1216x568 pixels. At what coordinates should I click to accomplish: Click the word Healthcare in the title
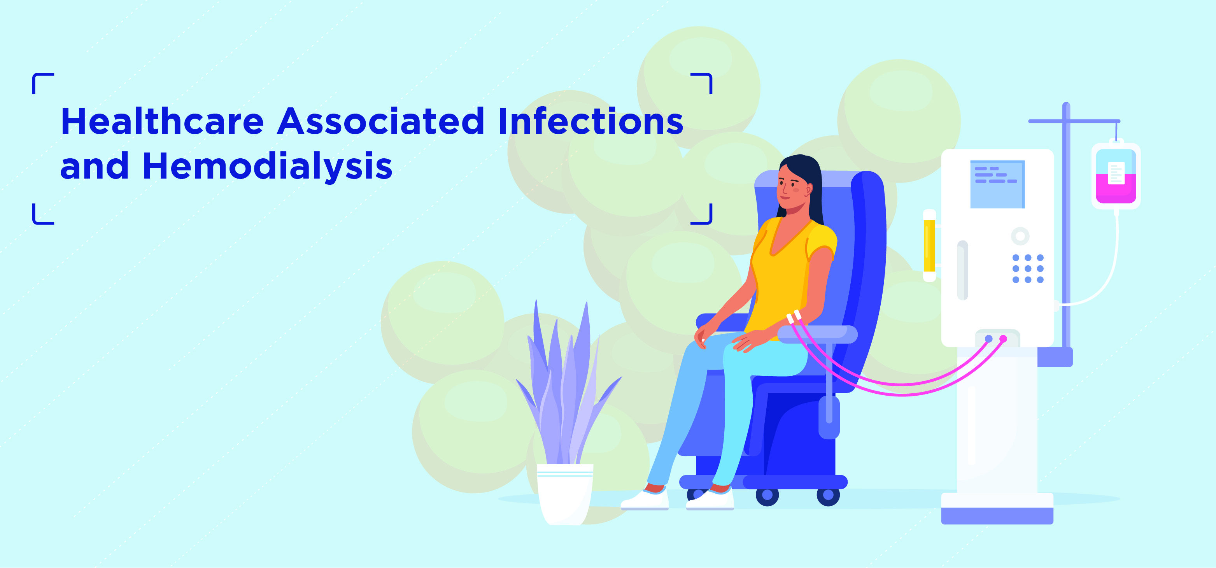click(162, 121)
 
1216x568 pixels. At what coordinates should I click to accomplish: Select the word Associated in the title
click(380, 121)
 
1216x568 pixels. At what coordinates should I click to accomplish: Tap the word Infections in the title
click(590, 121)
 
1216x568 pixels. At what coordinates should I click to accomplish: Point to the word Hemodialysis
click(267, 166)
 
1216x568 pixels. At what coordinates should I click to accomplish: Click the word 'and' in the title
click(95, 166)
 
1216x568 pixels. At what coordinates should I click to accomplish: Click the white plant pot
click(564, 493)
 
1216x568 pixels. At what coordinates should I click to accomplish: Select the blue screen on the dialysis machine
click(997, 184)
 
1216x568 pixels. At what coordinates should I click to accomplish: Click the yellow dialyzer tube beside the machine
click(929, 245)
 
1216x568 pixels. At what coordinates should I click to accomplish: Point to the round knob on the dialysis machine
click(1020, 236)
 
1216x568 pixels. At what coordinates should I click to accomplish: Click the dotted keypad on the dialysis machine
click(1028, 269)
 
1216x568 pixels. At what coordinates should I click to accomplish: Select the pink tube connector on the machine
click(1003, 338)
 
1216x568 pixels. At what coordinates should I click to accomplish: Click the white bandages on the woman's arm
click(794, 316)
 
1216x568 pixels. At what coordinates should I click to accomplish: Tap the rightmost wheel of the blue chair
click(828, 495)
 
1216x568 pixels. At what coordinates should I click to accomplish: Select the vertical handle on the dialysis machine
click(962, 270)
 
